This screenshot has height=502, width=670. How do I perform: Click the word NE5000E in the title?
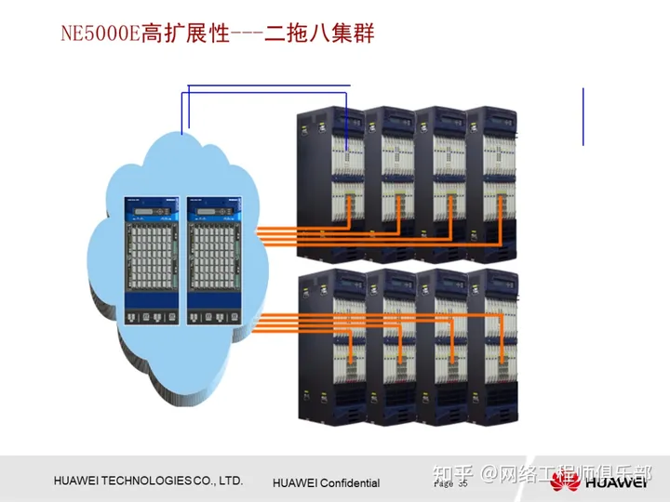(x=99, y=35)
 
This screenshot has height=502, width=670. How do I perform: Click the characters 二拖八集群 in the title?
(x=316, y=35)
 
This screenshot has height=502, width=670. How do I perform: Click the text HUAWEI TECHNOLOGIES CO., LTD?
(x=149, y=481)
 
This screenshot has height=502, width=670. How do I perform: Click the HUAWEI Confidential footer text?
(x=326, y=482)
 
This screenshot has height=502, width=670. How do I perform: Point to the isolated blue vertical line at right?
(x=583, y=116)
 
